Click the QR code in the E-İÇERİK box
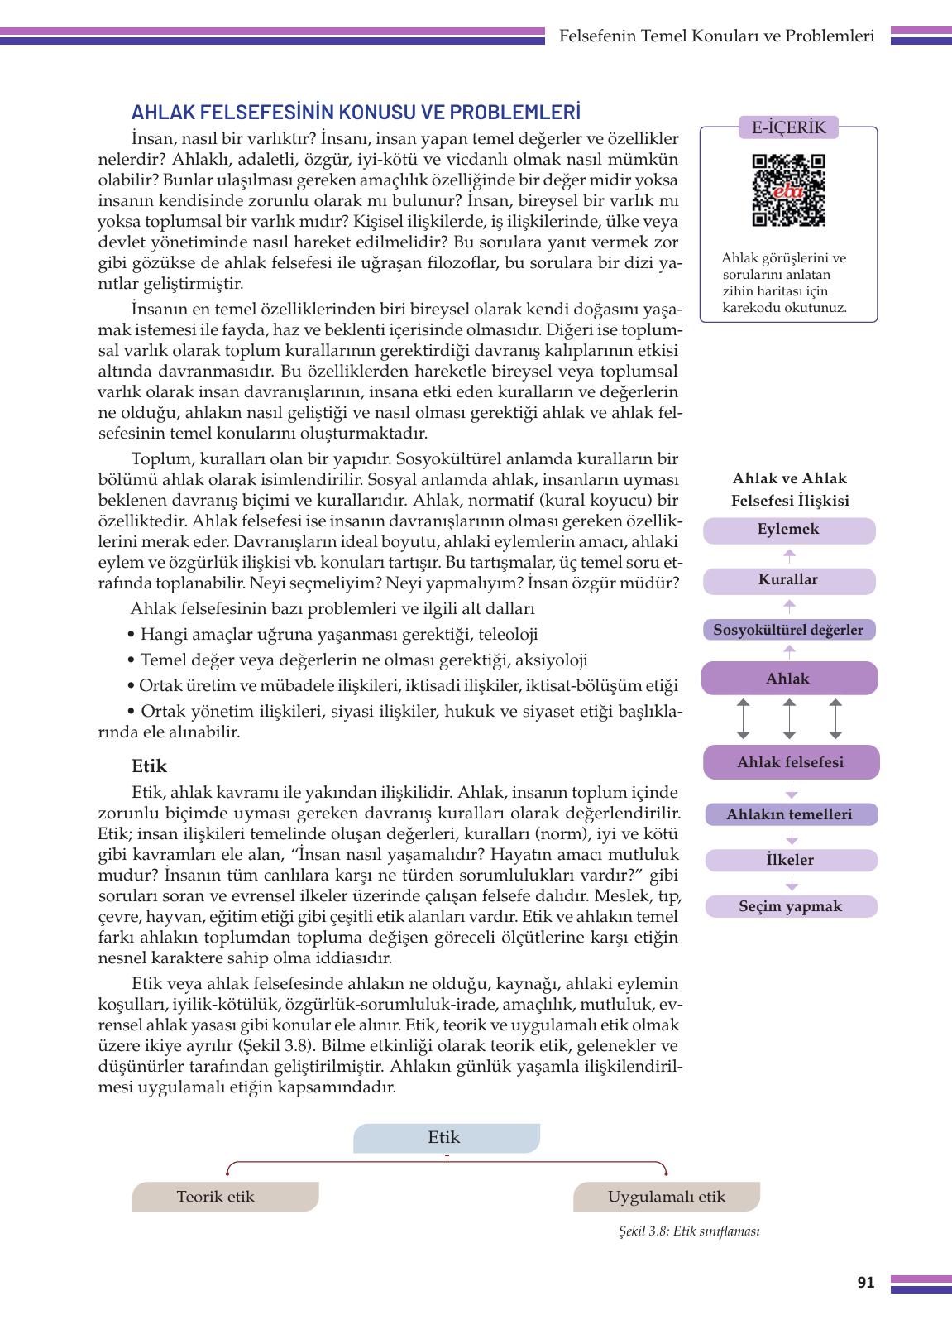pos(788,190)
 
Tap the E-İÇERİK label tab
pos(788,127)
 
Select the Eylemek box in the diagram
pos(788,530)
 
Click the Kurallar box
pos(788,580)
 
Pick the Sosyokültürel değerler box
pos(788,630)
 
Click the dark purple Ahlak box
pos(788,679)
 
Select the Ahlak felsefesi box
pos(791,762)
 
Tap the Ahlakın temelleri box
pos(789,814)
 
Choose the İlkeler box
pos(790,860)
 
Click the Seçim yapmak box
pos(790,906)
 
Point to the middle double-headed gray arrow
pos(789,718)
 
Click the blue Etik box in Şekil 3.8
pos(446,1138)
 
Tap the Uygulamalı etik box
pos(666,1197)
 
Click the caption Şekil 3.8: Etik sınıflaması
pos(688,1231)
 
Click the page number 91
pos(865,1283)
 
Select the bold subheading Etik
pos(149,766)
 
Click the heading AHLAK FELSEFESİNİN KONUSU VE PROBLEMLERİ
pos(356,113)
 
